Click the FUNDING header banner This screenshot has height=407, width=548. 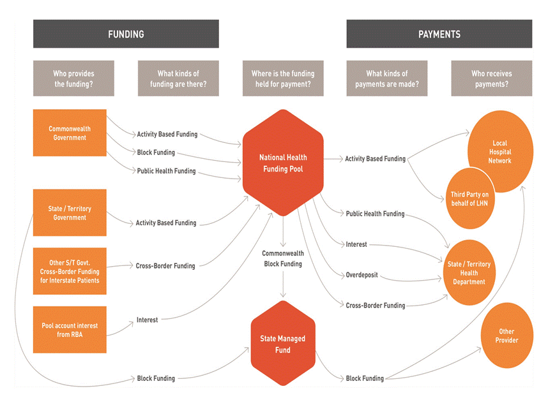[126, 34]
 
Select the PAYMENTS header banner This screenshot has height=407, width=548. [439, 34]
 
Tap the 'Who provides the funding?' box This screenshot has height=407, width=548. [73, 78]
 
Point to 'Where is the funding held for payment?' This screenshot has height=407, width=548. [282, 78]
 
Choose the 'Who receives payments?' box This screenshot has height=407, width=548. [491, 78]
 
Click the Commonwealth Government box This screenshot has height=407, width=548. [70, 133]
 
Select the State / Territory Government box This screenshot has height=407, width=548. [70, 212]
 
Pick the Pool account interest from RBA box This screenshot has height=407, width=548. [70, 330]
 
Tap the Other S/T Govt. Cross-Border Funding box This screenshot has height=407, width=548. [70, 271]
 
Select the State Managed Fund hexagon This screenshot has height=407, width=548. [283, 344]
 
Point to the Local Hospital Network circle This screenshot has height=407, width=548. [501, 152]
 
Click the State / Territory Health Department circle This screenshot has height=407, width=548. [469, 272]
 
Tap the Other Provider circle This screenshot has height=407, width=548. [506, 336]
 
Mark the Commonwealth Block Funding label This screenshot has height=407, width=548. [282, 258]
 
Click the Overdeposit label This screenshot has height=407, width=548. [362, 275]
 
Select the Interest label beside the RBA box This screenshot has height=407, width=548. [147, 320]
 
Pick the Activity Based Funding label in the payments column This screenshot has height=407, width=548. [375, 159]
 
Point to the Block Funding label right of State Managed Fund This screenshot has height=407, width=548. [365, 378]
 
